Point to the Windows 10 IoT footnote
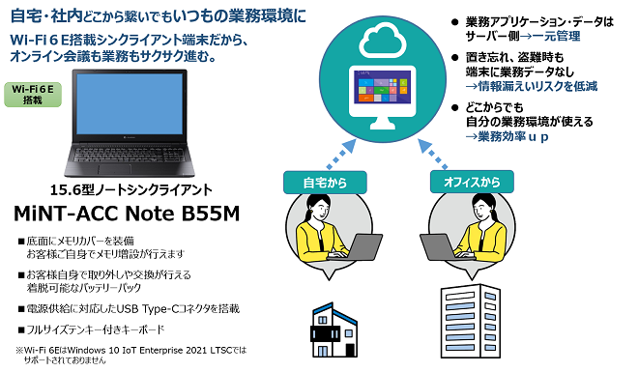pos(135,350)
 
